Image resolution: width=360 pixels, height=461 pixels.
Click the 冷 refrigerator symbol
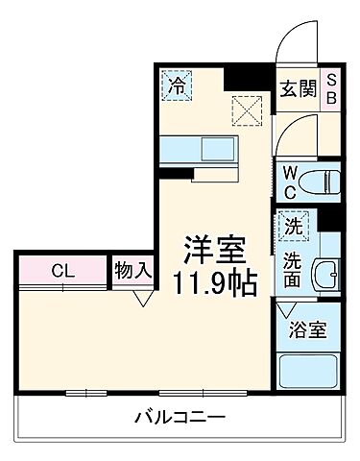[176, 85]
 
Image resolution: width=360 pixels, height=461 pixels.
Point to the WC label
[289, 179]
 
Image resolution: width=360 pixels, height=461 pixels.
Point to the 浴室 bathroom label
[309, 330]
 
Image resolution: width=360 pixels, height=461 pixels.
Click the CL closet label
[62, 270]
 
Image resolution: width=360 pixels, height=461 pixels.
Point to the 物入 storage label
[132, 270]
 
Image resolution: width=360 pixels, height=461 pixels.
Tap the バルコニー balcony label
[180, 418]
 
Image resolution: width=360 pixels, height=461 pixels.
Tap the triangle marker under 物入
[142, 299]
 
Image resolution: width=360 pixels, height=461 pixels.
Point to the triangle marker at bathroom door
[286, 310]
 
